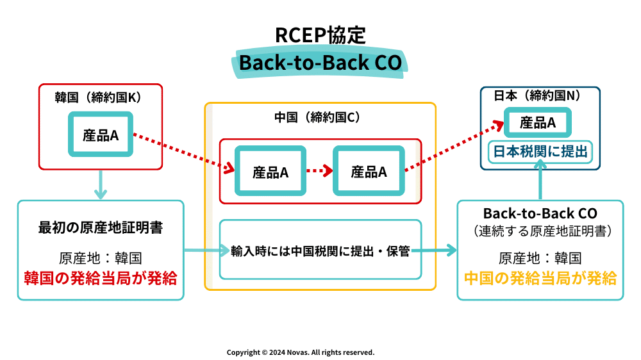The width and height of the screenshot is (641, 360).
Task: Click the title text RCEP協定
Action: (x=320, y=35)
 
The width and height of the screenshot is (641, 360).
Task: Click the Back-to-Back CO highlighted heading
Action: (x=320, y=63)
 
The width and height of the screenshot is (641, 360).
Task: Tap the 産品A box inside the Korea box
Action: (x=101, y=135)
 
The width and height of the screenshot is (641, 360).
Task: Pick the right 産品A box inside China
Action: (x=369, y=172)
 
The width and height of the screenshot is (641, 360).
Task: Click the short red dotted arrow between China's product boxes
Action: (x=319, y=172)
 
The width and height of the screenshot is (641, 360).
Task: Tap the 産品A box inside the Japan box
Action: (x=537, y=123)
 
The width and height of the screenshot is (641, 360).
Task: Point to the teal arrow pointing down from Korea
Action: (x=99, y=184)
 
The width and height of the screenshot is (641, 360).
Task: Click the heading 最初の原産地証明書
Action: (x=100, y=227)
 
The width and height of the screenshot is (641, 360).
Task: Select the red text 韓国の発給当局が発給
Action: (x=100, y=278)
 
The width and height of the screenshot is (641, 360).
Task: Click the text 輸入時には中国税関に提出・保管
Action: (x=320, y=250)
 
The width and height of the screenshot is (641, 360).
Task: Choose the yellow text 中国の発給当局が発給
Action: (x=540, y=278)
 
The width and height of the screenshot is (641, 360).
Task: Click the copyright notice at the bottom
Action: (x=301, y=352)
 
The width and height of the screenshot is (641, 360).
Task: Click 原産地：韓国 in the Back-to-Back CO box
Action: (x=540, y=258)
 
